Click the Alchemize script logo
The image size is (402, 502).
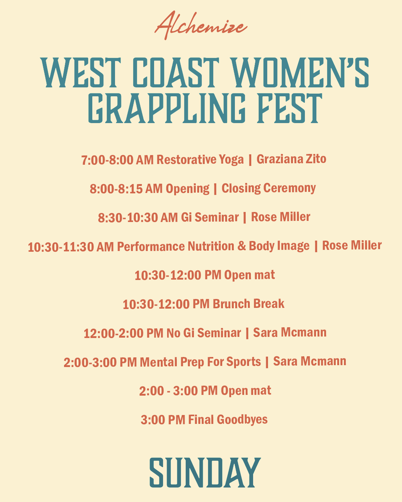(201, 26)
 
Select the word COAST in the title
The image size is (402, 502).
(176, 73)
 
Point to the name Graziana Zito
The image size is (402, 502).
(291, 159)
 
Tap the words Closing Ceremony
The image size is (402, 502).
(269, 188)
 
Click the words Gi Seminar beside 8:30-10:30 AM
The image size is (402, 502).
(210, 217)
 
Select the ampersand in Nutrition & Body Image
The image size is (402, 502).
(242, 246)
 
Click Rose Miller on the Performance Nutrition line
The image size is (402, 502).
(352, 246)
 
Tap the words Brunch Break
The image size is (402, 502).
(249, 304)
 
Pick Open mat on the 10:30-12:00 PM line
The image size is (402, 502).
(249, 275)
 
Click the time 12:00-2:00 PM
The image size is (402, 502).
(123, 333)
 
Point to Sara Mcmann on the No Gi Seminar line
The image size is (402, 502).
(290, 332)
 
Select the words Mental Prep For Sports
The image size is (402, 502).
(200, 362)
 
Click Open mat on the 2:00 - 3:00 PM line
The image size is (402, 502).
(246, 391)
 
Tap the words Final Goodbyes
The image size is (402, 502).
(228, 420)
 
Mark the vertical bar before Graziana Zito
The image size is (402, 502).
(250, 160)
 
